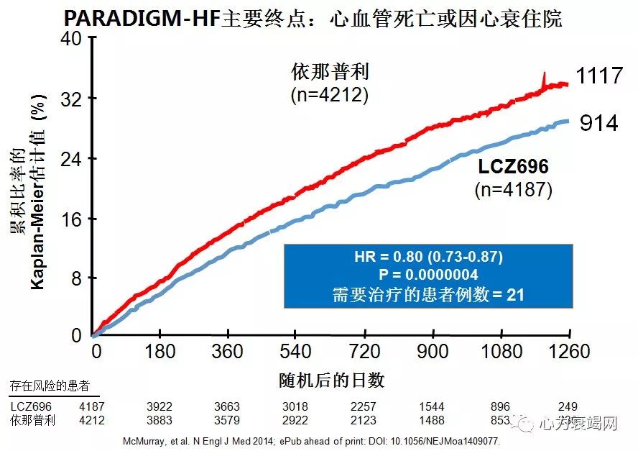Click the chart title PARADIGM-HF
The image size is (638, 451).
point(143,18)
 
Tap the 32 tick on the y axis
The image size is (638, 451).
point(70,99)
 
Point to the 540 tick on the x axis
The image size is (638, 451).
point(297,351)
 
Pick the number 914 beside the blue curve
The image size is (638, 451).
point(598,123)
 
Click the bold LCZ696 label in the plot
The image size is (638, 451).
point(513,168)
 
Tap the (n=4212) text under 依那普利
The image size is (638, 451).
point(330,94)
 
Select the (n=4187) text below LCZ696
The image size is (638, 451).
point(513,190)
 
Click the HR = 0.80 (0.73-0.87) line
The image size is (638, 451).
point(428,257)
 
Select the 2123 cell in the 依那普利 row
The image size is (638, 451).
point(366,421)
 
